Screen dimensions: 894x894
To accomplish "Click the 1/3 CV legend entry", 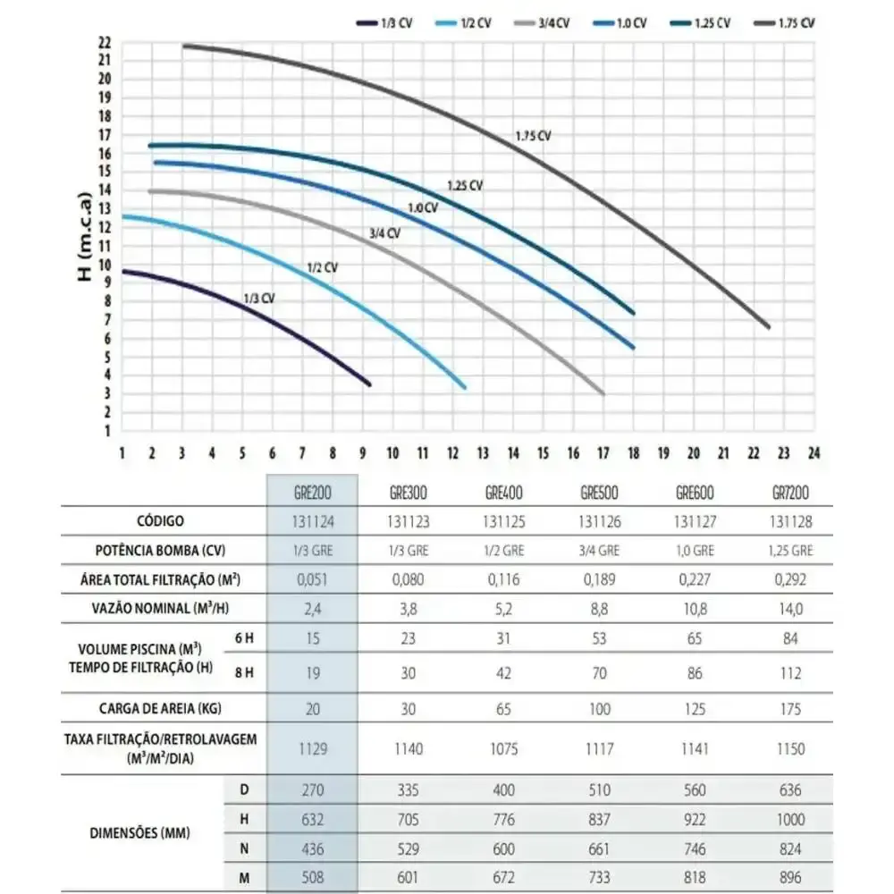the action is point(384,23).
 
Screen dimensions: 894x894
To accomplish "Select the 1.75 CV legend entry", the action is point(785,23).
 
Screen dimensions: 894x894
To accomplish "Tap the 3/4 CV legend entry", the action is point(542,23).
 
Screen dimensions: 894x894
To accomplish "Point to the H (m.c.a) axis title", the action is point(84,237).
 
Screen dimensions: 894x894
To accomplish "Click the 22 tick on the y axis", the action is point(105,43).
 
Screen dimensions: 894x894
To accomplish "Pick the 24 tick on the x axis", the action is point(814,453).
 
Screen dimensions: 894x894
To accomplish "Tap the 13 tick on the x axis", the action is point(483,453).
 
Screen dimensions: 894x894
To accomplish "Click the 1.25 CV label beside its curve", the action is point(465,186).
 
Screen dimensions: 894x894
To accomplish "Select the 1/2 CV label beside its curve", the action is point(322,267).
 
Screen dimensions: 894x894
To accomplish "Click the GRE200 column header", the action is point(312,493).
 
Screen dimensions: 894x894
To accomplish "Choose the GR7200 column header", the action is point(790,493).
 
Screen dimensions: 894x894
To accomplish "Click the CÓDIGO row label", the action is point(160,521).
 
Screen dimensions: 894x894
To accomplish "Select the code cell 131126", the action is point(599,522).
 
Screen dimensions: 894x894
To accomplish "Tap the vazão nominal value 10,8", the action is point(695,609).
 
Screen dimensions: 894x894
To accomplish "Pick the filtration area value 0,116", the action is point(503,580).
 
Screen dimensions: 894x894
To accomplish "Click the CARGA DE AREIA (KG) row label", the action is point(160,709).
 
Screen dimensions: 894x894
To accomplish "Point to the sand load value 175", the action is point(790,709).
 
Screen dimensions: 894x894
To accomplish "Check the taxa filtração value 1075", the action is point(503,748).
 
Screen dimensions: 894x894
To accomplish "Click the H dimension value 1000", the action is point(790,820).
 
